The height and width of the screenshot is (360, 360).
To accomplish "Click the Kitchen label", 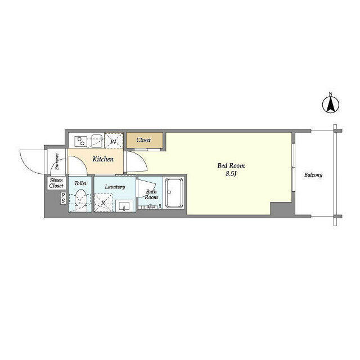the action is click(x=103, y=159).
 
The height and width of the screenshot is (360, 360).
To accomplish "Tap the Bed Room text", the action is click(x=231, y=165).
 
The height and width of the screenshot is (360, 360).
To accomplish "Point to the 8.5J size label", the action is click(x=231, y=174).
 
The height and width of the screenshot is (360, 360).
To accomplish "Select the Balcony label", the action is click(x=313, y=175).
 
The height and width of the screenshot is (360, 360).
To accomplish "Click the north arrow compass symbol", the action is click(x=331, y=105).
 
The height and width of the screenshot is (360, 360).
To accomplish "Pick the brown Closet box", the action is click(x=145, y=140).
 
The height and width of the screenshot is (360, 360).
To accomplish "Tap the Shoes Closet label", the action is click(x=56, y=183).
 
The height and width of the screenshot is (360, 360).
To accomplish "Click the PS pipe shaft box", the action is click(x=63, y=199).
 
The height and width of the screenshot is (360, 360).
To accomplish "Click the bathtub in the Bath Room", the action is click(x=174, y=193).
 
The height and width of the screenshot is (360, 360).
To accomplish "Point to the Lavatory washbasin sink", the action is click(x=124, y=206).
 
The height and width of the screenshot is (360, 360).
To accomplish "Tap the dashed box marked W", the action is click(x=114, y=140).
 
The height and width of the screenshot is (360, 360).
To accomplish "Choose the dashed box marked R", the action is click(x=103, y=202).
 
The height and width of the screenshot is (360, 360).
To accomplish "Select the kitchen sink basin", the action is click(x=97, y=141).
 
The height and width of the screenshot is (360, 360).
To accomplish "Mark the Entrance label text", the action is click(x=57, y=161).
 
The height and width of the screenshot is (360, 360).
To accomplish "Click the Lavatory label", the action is click(x=115, y=187).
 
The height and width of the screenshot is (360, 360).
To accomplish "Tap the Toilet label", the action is click(x=80, y=183).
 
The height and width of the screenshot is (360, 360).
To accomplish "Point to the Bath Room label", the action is click(x=151, y=194).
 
